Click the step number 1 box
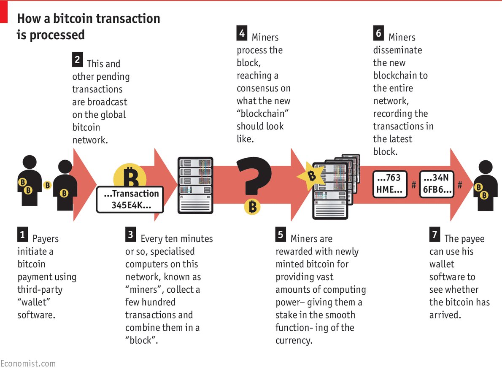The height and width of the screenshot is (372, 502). click(x=23, y=234)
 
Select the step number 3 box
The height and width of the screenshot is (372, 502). click(x=131, y=235)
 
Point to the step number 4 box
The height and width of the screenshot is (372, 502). click(x=242, y=33)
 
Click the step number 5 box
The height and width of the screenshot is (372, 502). click(x=281, y=235)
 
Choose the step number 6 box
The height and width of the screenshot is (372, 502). click(x=378, y=33)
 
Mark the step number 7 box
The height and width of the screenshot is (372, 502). click(x=435, y=235)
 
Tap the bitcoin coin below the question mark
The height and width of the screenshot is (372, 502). click(x=252, y=207)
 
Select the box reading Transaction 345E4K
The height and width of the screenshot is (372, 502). click(x=130, y=199)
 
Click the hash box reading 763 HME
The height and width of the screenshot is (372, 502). click(x=390, y=184)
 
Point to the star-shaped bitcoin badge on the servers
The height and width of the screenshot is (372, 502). click(x=311, y=175)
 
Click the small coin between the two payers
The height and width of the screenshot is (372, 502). click(x=47, y=185)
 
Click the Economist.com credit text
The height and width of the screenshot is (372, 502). click(x=28, y=363)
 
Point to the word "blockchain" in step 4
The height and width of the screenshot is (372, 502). click(x=263, y=113)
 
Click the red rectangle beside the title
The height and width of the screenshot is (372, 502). click(x=4, y=12)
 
